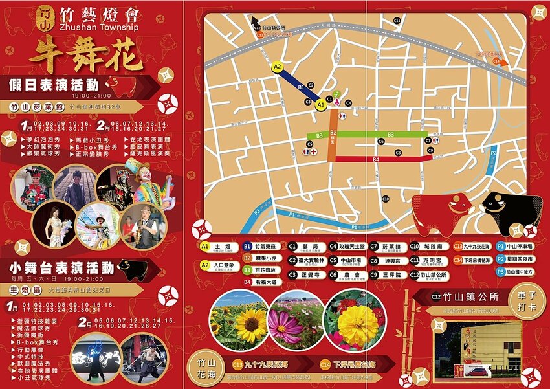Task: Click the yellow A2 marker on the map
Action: click(278, 67)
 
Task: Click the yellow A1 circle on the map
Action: click(321, 105)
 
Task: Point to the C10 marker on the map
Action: click(386, 198)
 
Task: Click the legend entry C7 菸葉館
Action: click(386, 246)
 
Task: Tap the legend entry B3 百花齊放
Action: click(262, 269)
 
